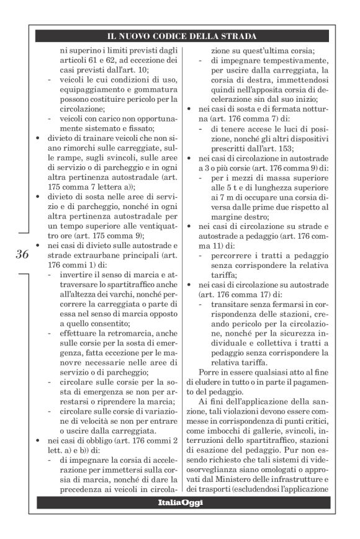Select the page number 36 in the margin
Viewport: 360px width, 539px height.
[22, 254]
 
